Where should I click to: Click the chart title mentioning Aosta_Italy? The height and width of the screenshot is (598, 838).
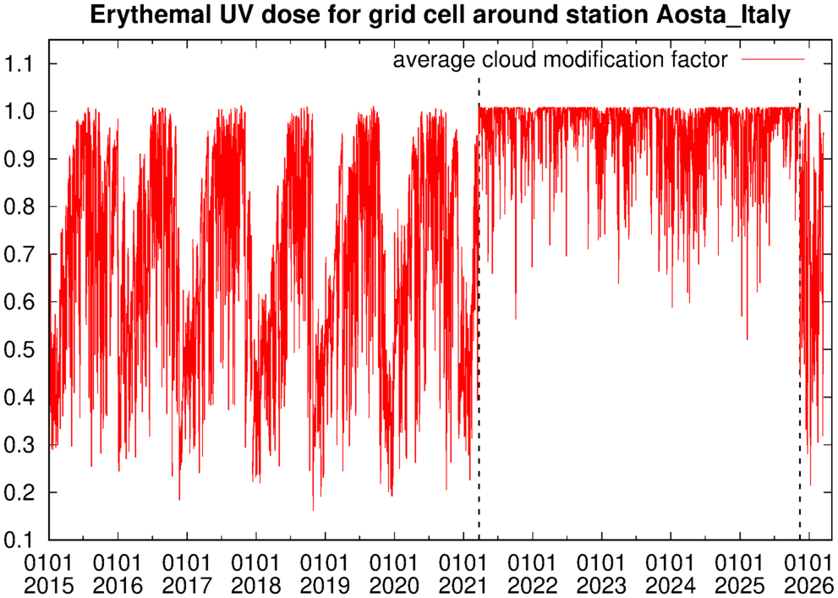pyautogui.click(x=440, y=17)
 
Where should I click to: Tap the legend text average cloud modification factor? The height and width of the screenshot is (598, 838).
pyautogui.click(x=560, y=60)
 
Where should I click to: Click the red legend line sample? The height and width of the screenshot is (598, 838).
pyautogui.click(x=773, y=59)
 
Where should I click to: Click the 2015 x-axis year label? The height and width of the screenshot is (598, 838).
pyautogui.click(x=49, y=584)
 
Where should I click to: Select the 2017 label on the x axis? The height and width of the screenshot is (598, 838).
pyautogui.click(x=187, y=584)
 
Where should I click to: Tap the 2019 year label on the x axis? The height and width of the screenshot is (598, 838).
pyautogui.click(x=325, y=584)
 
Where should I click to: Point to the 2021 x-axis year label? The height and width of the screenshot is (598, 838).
pyautogui.click(x=463, y=584)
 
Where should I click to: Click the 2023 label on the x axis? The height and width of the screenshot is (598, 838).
pyautogui.click(x=602, y=584)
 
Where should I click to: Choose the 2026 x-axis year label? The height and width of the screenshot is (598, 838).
pyautogui.click(x=809, y=584)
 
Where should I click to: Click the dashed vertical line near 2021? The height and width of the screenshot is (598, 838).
pyautogui.click(x=479, y=308)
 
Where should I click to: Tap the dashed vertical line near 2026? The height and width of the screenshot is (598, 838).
pyautogui.click(x=799, y=308)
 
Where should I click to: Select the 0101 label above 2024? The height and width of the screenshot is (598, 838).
pyautogui.click(x=671, y=562)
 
